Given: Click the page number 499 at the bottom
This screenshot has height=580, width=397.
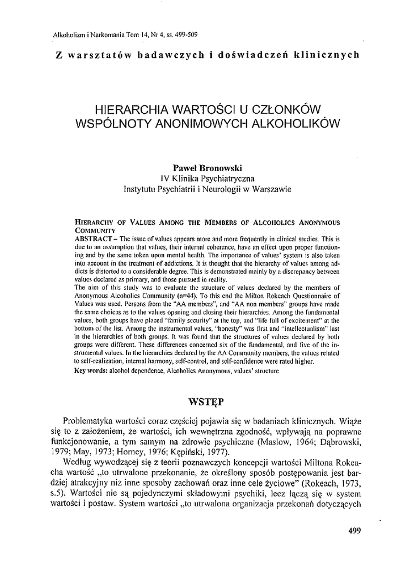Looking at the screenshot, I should (353, 531).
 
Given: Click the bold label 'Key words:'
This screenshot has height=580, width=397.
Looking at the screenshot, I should (93, 371).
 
